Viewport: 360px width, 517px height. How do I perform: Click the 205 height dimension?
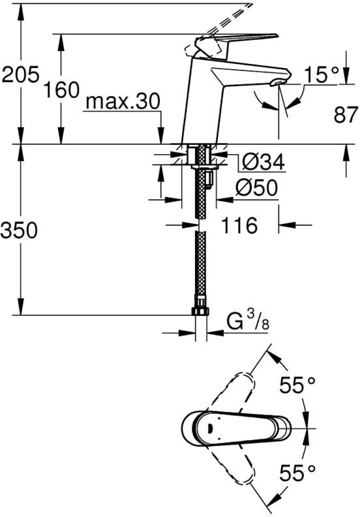click(x=20, y=74)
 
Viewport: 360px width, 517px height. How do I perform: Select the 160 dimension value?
click(x=62, y=90)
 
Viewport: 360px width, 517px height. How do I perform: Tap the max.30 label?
click(x=123, y=102)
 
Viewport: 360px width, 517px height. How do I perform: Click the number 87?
click(x=346, y=115)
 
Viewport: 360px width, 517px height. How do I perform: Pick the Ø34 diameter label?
click(x=263, y=162)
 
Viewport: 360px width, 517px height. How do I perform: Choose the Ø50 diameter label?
click(x=256, y=188)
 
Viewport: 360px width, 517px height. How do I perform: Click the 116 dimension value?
click(x=239, y=225)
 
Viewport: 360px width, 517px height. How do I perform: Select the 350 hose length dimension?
click(x=19, y=230)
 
